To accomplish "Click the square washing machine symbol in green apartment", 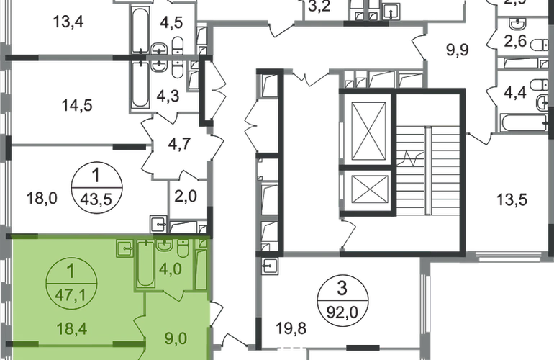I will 124,250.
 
